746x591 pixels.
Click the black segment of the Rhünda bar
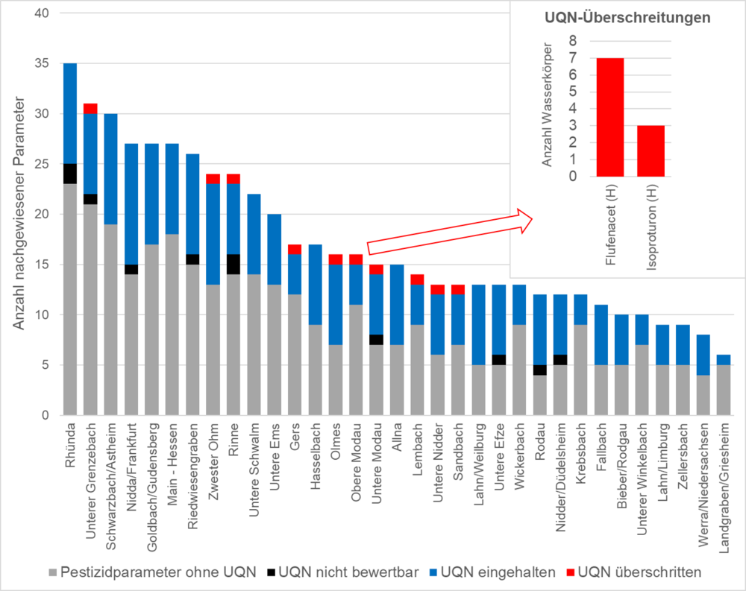point(70,174)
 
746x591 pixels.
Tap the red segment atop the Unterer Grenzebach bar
point(90,108)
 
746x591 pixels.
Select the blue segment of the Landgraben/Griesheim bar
point(724,359)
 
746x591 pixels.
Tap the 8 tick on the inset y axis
point(572,40)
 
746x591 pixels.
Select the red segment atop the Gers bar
point(295,249)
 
